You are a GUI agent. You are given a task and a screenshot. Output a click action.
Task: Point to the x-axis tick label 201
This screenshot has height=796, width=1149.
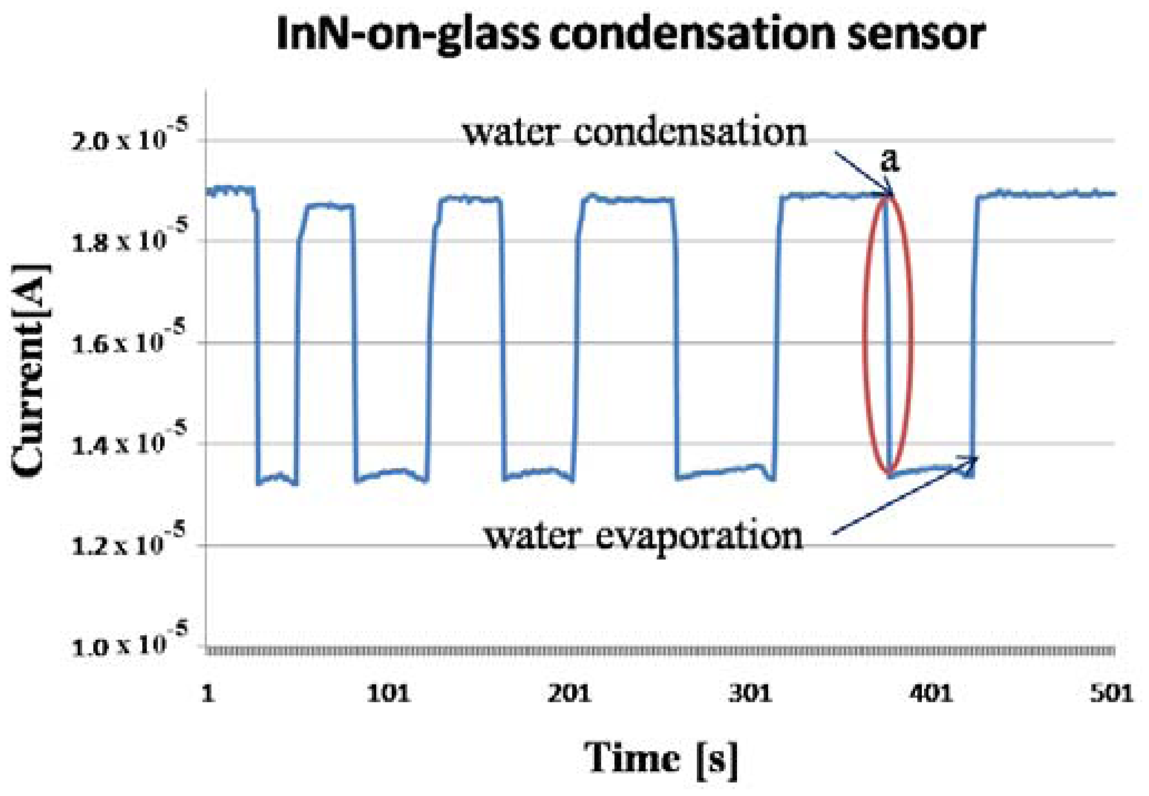pos(569,694)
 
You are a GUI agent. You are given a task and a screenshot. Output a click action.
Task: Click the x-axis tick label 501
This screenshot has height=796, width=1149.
pos(1111,694)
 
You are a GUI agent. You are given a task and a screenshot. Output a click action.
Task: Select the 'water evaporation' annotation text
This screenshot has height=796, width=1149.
pos(644,537)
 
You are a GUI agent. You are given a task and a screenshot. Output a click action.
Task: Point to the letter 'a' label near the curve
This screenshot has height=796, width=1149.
pos(890,161)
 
